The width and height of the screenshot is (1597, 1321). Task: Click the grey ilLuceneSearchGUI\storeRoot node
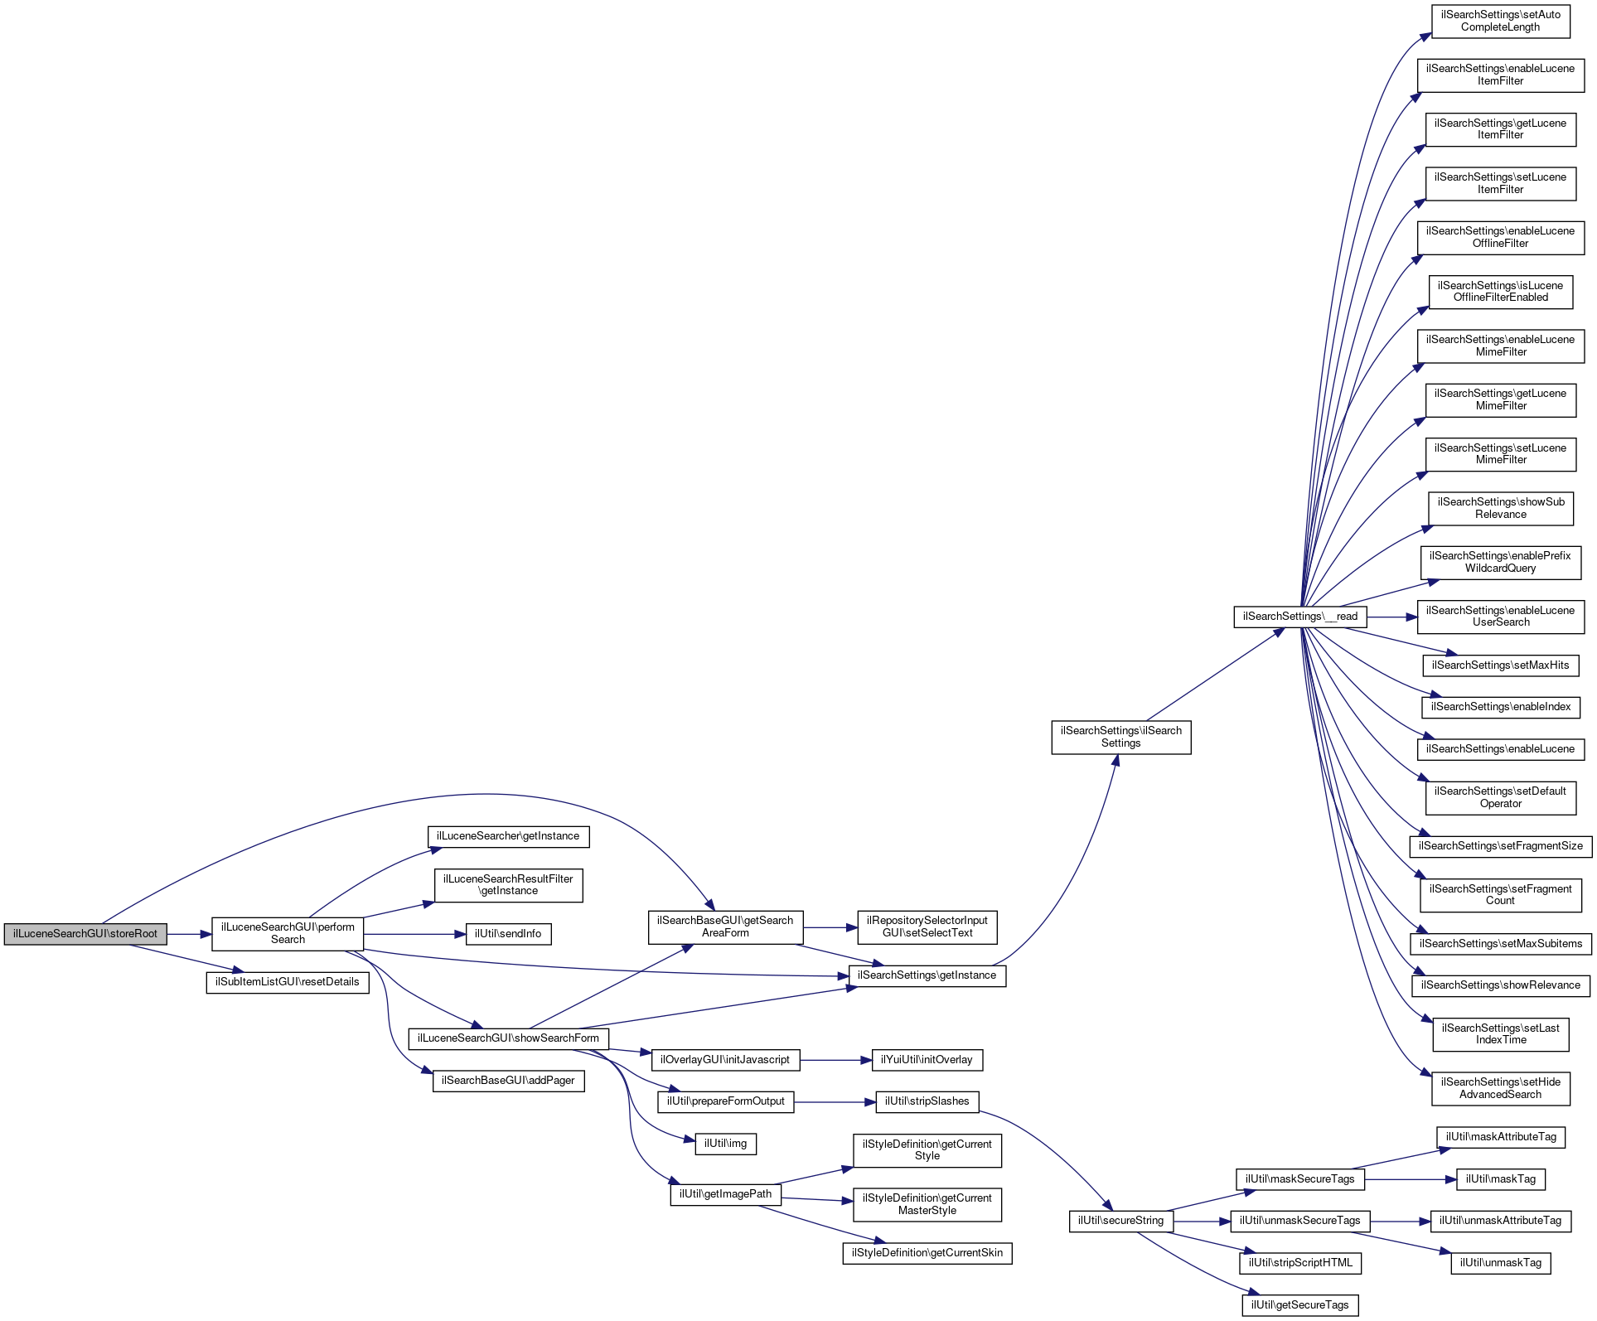[85, 934]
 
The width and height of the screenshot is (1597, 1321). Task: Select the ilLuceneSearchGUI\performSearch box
[288, 934]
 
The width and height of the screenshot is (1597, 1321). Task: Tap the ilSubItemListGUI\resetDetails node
[288, 982]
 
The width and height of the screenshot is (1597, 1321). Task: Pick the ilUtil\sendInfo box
[508, 934]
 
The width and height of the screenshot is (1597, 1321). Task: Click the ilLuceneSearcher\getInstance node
[508, 836]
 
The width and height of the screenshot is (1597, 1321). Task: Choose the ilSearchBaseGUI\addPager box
[508, 1081]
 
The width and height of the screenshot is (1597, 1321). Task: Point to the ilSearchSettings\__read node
[1299, 617]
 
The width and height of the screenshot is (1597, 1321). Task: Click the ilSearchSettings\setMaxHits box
[1500, 665]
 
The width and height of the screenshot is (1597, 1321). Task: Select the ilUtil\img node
[725, 1144]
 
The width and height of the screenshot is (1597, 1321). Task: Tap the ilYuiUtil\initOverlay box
[927, 1060]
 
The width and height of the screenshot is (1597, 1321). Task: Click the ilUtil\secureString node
[1120, 1221]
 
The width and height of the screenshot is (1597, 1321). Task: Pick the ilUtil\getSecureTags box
[1299, 1305]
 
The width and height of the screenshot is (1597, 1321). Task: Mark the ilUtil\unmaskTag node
[1500, 1263]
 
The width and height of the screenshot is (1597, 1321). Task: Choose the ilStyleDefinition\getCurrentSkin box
[927, 1253]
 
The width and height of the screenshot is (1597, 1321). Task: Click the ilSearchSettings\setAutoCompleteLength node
[1500, 21]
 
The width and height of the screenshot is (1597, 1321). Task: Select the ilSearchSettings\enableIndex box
[1500, 707]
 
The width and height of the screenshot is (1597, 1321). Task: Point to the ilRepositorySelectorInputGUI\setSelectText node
[927, 927]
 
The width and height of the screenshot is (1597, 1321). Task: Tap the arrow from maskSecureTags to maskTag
[1410, 1179]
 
